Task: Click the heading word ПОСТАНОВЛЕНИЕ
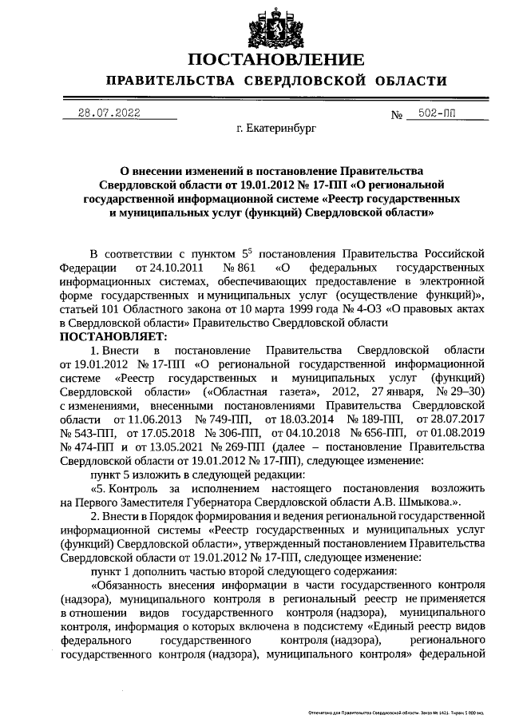pos(276,60)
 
